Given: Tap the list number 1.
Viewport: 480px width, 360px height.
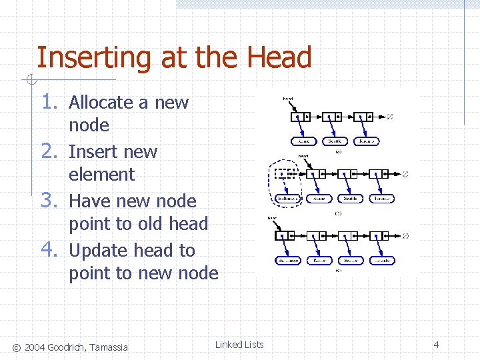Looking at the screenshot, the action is pyautogui.click(x=51, y=101).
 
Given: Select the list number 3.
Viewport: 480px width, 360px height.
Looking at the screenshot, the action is pyautogui.click(x=51, y=200).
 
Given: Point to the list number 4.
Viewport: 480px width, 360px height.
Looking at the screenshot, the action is pyautogui.click(x=51, y=249).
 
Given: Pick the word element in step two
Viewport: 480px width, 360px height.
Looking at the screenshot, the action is pyautogui.click(x=101, y=175).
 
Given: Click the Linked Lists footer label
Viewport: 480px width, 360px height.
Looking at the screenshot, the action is pyautogui.click(x=239, y=345).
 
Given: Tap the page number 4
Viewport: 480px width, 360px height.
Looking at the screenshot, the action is pyautogui.click(x=436, y=345).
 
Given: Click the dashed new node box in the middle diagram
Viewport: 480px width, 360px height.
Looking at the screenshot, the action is pyautogui.click(x=285, y=174).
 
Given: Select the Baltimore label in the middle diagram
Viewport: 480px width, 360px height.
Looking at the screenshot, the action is pyautogui.click(x=287, y=199).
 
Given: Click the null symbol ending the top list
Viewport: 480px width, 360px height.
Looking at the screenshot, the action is pyautogui.click(x=389, y=117).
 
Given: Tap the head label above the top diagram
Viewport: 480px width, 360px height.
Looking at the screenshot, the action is pyautogui.click(x=287, y=99).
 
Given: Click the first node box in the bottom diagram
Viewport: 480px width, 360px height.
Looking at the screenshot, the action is pyautogui.click(x=285, y=236).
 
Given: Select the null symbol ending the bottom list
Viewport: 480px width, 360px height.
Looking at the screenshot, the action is pyautogui.click(x=405, y=236).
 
